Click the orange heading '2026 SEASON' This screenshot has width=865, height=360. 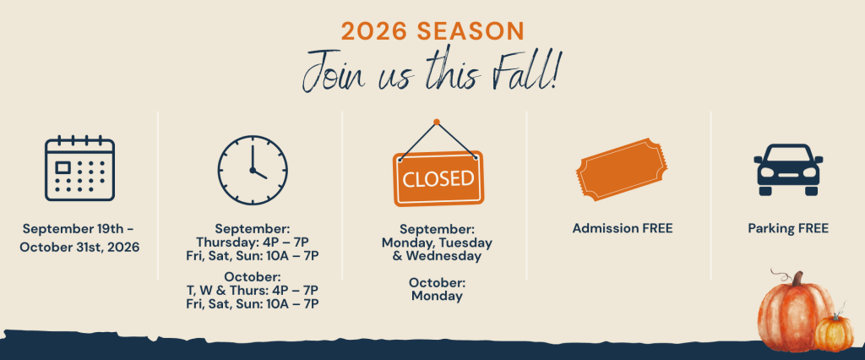[x=432, y=31]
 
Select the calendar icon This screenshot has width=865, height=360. [x=79, y=168]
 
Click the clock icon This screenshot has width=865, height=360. [x=253, y=170]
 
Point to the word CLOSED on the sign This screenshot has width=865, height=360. [x=438, y=178]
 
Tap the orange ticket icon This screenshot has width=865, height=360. [x=621, y=169]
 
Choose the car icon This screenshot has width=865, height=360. [x=788, y=170]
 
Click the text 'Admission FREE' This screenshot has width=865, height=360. [x=623, y=228]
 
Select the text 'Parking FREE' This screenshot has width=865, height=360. [x=788, y=228]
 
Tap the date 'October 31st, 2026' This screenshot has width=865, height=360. [x=79, y=247]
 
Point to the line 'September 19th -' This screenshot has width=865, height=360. [x=79, y=228]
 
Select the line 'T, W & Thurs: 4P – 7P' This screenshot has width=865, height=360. [x=252, y=290]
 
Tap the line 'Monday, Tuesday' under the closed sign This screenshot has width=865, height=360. [x=437, y=243]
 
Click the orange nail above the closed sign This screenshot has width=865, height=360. [x=437, y=122]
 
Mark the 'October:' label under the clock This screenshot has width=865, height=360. [x=252, y=276]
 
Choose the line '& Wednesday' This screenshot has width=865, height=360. [x=437, y=256]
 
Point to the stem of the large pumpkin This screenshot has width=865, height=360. [x=797, y=279]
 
